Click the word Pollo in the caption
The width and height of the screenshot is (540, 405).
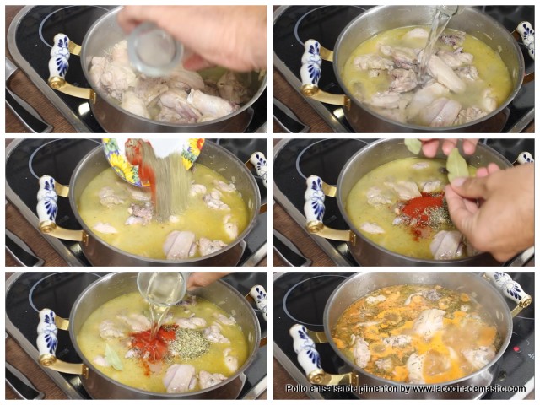[x=296, y=389]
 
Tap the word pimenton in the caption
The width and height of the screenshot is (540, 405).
[x=373, y=389]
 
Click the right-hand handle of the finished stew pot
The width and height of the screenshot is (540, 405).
[x=510, y=289]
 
